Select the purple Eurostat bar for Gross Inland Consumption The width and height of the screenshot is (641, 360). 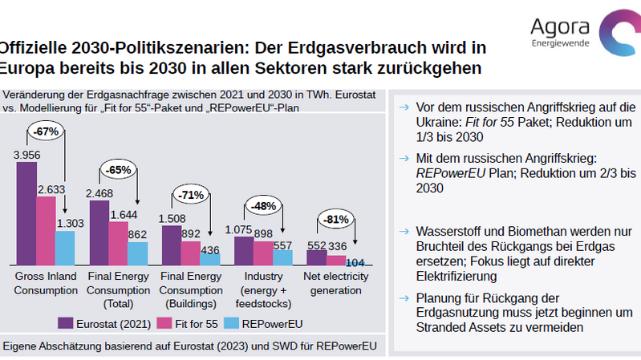click(26, 213)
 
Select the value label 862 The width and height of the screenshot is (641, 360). click(138, 235)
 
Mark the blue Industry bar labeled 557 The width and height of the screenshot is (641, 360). click(283, 257)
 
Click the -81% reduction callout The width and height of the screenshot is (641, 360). click(335, 219)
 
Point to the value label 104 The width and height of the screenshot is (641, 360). click(355, 261)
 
